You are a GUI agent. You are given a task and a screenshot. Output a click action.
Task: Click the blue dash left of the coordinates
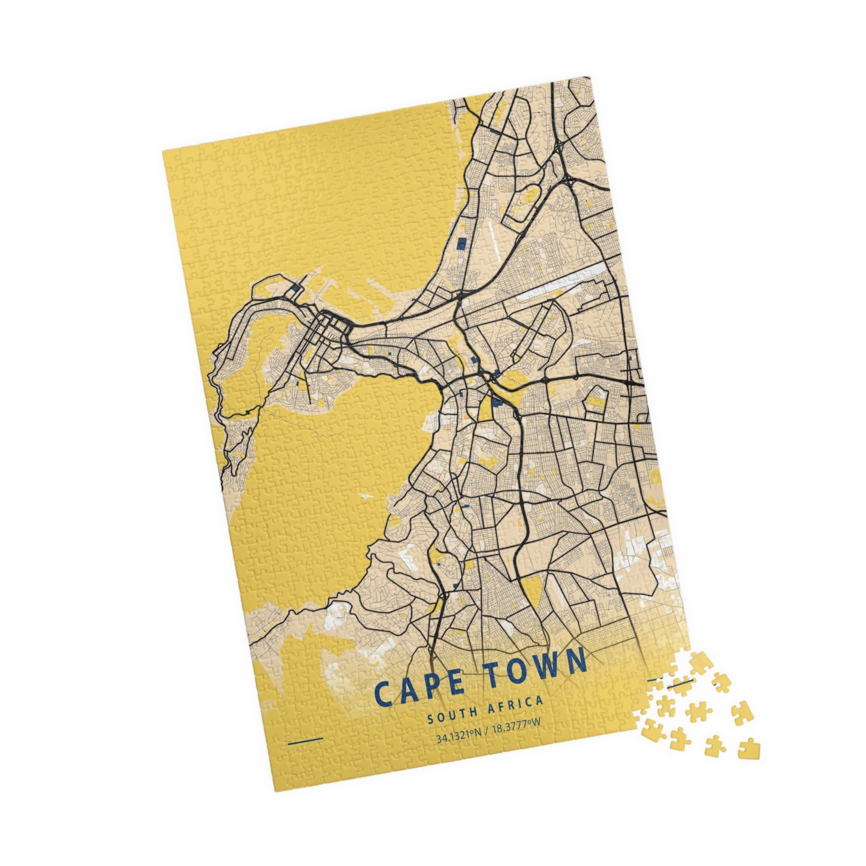coord(305,741)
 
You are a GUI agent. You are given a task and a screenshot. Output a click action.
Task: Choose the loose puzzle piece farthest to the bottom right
coord(746,749)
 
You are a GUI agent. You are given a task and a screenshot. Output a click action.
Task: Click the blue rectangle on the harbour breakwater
coord(295,288)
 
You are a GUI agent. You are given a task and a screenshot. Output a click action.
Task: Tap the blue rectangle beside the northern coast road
coord(461,243)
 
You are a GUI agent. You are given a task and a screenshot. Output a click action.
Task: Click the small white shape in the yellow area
coord(365,496)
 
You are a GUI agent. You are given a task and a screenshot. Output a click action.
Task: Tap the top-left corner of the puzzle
coord(163,150)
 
